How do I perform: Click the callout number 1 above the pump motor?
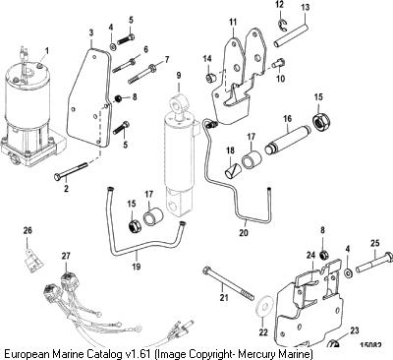coord(46,51)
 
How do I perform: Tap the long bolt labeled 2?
coord(71,170)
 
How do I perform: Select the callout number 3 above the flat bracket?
coord(91,32)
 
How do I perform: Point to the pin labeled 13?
coord(291,34)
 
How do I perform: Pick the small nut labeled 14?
coord(210,78)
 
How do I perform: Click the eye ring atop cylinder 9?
coord(179,102)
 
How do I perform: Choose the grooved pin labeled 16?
coord(288,139)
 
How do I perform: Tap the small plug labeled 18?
coord(233,171)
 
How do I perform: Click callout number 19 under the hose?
coord(136,266)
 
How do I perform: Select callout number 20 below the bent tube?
coord(244,232)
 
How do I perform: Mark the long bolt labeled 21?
coord(229,283)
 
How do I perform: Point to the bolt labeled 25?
coord(374,261)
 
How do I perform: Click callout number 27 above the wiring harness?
coord(66,256)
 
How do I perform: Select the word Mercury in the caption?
coord(256,354)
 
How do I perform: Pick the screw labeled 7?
coord(142,74)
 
